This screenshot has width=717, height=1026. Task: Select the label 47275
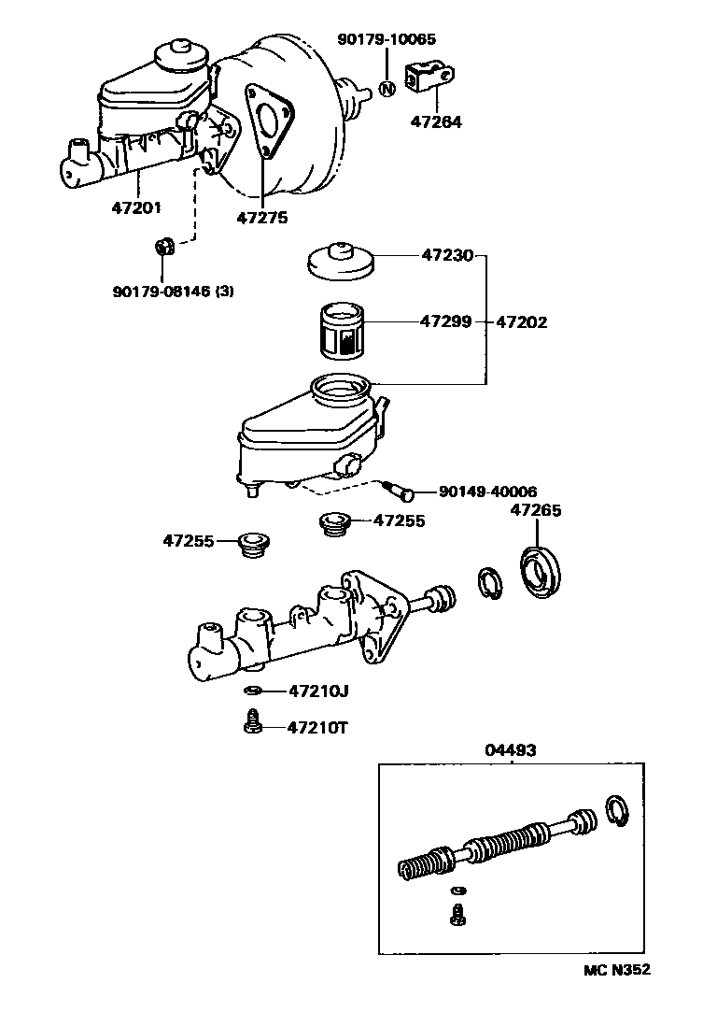(x=261, y=218)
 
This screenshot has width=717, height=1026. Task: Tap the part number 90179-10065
(x=387, y=39)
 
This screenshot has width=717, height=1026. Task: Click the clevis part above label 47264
(x=429, y=78)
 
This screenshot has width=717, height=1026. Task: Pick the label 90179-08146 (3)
(x=173, y=291)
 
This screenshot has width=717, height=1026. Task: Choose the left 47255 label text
(x=189, y=540)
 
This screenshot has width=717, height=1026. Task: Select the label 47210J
(x=318, y=691)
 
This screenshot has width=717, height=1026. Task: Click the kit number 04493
(x=511, y=749)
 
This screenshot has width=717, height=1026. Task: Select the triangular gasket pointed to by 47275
(x=268, y=121)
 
